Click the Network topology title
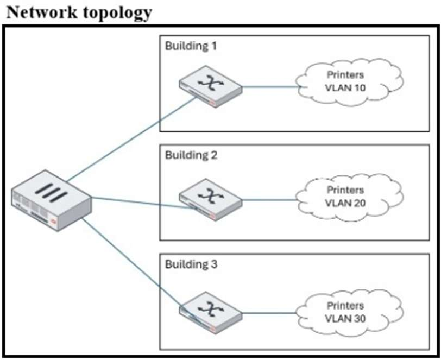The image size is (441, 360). (79, 12)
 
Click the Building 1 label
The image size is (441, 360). (191, 46)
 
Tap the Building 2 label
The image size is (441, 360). (191, 155)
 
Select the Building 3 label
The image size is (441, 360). (191, 265)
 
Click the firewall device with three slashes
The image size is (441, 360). (52, 201)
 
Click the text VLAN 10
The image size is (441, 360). (345, 89)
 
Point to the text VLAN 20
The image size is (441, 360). (345, 203)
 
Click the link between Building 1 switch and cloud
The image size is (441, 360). (269, 86)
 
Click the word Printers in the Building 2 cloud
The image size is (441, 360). (345, 190)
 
